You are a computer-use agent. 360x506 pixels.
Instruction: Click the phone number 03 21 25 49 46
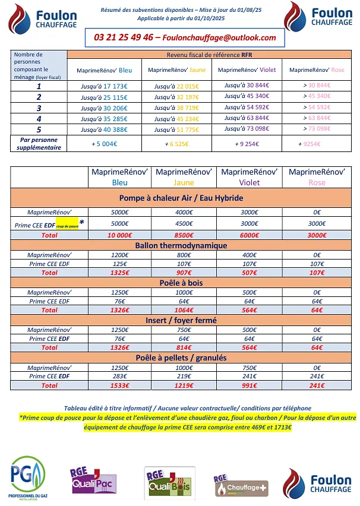point(123,37)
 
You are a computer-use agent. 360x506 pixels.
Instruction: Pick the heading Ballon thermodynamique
point(181,245)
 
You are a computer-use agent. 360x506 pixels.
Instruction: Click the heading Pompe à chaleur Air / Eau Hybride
point(181,198)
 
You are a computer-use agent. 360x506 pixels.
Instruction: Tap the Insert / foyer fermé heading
point(181,321)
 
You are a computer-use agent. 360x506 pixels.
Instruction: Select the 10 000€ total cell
point(120,235)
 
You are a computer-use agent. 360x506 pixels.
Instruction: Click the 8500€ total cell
point(184,235)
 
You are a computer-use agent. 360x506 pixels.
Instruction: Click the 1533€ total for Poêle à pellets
point(120,385)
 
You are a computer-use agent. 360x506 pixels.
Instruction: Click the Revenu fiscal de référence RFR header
point(214,54)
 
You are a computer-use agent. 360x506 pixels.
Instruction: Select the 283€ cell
point(120,376)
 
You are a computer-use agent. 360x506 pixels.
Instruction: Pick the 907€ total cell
point(184,273)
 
